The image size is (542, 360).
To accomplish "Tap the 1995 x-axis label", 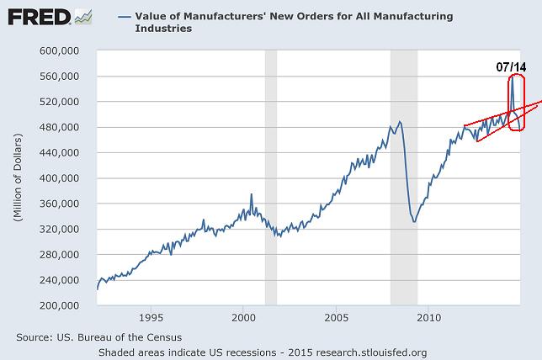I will tap(151, 318).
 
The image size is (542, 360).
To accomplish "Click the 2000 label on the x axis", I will tap(243, 318).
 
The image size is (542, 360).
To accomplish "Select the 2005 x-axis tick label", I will tap(336, 318).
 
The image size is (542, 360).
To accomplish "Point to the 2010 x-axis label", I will tap(429, 318).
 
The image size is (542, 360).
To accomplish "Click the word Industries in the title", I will tap(162, 28).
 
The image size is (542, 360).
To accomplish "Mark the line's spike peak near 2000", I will tap(251, 194).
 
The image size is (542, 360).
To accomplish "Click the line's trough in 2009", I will tap(414, 221).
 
